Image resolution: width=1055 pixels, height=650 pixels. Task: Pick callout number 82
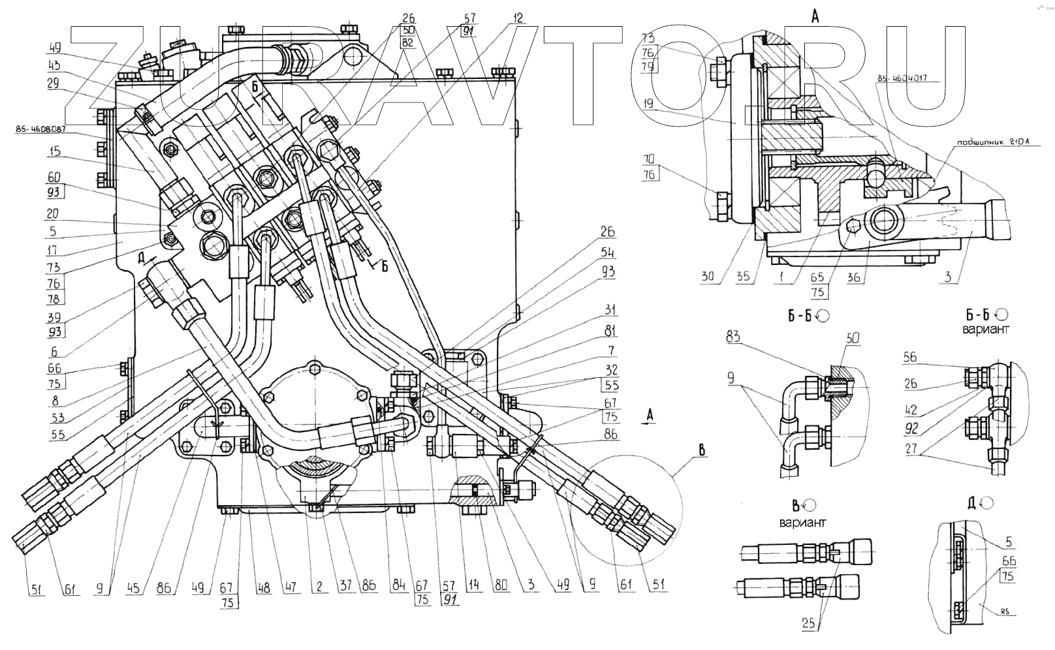[409, 42]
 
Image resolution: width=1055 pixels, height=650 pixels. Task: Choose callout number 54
[607, 253]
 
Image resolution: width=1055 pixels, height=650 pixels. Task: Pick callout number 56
[911, 356]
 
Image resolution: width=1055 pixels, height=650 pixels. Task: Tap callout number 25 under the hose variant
[809, 624]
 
